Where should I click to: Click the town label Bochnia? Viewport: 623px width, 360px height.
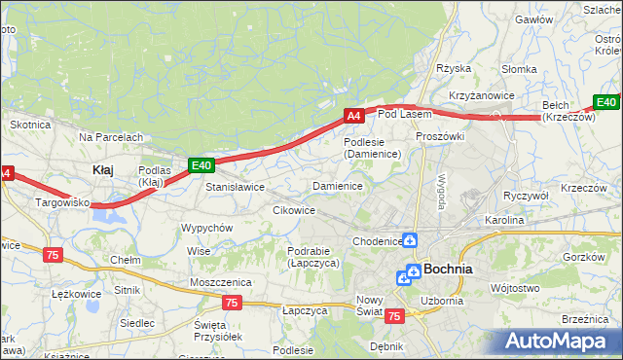448,270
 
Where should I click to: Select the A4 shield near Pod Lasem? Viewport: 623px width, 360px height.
353,116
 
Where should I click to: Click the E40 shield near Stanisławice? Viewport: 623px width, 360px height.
201,166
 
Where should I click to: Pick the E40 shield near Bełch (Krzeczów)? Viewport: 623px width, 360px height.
605,102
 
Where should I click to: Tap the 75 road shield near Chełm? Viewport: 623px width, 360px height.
53,254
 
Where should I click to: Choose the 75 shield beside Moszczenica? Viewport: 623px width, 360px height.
231,303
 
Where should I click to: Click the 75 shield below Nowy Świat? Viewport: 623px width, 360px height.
394,316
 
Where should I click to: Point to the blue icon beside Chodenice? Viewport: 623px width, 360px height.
411,240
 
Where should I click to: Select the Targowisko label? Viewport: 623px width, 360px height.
62,203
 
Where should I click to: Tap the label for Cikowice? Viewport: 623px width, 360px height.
293,210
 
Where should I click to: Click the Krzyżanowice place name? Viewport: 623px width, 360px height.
481,95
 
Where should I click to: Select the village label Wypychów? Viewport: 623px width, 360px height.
206,228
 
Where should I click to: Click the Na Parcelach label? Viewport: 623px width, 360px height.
111,137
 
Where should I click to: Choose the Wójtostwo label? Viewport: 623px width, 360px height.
515,288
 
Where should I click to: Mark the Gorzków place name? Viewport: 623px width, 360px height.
584,257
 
